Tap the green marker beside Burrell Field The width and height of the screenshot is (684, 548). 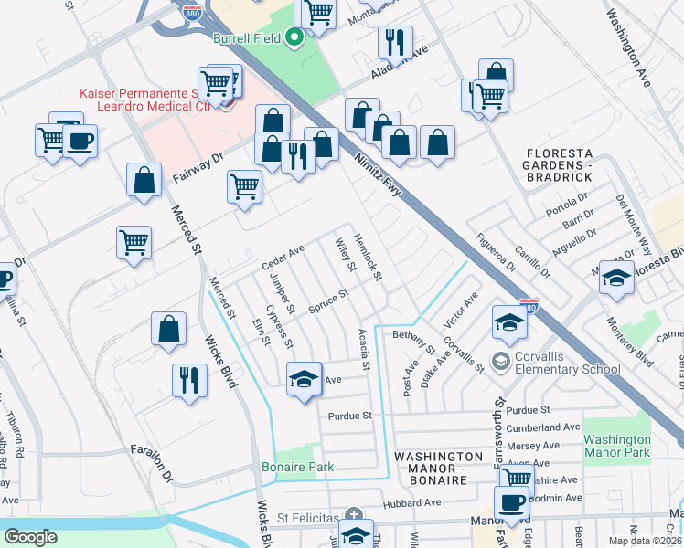[294, 38]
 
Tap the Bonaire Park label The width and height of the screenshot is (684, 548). [309, 467]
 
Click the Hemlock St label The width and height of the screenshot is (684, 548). [368, 256]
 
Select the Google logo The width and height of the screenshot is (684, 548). [30, 537]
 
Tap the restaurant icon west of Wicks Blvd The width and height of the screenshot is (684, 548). [189, 379]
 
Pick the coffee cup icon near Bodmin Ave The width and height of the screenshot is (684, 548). [511, 501]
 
